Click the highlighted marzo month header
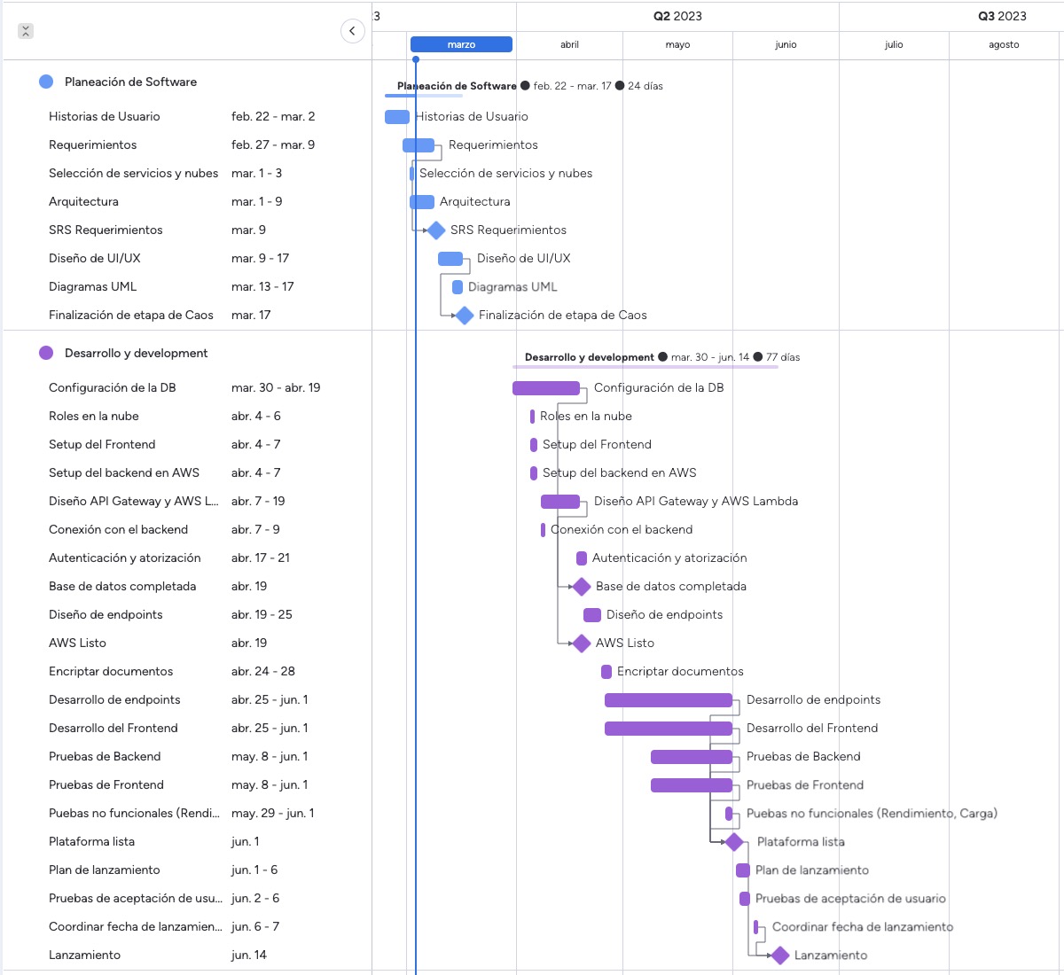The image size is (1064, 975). [461, 44]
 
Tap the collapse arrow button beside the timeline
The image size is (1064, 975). [352, 31]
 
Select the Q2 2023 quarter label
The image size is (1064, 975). [677, 16]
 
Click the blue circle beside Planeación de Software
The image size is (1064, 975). [46, 82]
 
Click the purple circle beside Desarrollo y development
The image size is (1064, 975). [46, 353]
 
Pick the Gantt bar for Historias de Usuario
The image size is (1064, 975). [397, 117]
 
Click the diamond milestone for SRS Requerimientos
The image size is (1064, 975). [436, 230]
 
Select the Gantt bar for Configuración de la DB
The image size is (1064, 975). [546, 388]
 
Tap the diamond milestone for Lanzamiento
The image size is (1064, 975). [780, 955]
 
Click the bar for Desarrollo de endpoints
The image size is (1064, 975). [669, 700]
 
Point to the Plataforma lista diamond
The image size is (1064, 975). [734, 842]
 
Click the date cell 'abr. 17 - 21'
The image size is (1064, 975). [261, 558]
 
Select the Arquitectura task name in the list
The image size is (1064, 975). [83, 201]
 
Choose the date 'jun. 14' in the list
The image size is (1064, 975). [249, 955]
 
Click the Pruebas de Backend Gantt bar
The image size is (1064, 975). [692, 757]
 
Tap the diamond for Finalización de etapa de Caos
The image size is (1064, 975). [465, 316]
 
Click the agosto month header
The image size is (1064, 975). [1004, 44]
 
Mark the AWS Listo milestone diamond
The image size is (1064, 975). [582, 643]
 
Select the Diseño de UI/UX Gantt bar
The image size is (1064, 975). [450, 259]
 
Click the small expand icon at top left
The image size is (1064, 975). [26, 31]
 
